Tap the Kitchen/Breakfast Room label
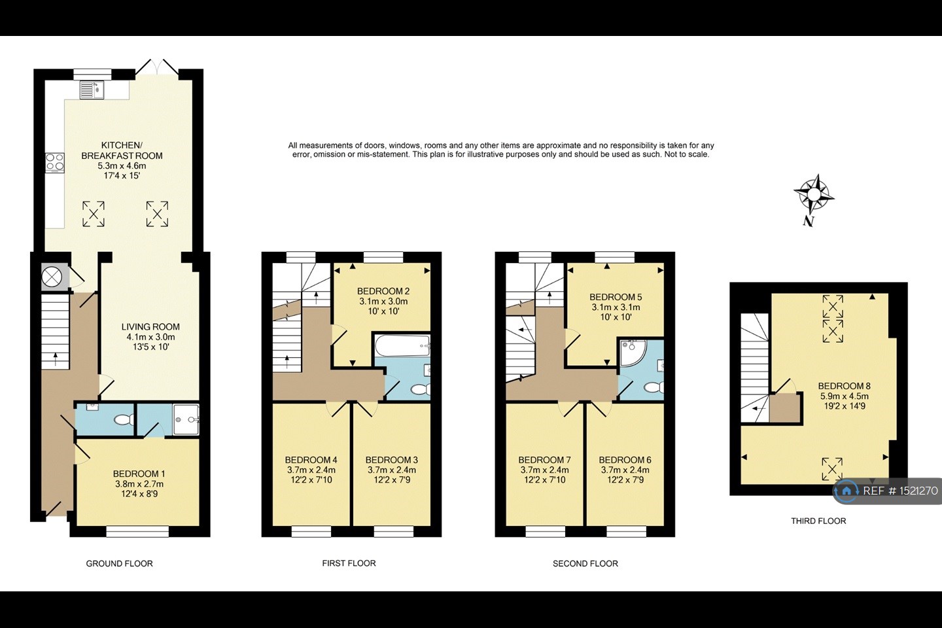pyautogui.click(x=122, y=150)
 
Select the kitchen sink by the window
pyautogui.click(x=92, y=90)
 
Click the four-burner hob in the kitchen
pyautogui.click(x=54, y=162)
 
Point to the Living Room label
pyautogui.click(x=150, y=326)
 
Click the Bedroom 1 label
pyautogui.click(x=139, y=474)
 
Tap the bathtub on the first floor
pyautogui.click(x=402, y=345)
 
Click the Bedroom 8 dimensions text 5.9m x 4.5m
pyautogui.click(x=845, y=396)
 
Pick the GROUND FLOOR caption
pyautogui.click(x=119, y=563)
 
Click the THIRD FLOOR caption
pyautogui.click(x=818, y=521)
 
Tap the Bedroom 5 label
pyautogui.click(x=616, y=296)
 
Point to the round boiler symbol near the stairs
pyautogui.click(x=52, y=278)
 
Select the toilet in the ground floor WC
pyautogui.click(x=122, y=420)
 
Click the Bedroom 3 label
pyautogui.click(x=391, y=460)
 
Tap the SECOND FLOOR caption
pyautogui.click(x=585, y=563)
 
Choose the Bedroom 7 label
pyautogui.click(x=544, y=460)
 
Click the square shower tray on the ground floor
pyautogui.click(x=186, y=419)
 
